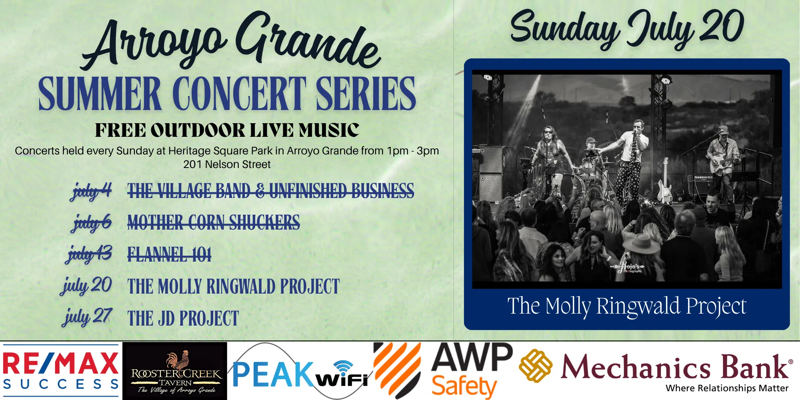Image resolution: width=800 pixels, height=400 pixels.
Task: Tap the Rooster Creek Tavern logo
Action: (x=175, y=371)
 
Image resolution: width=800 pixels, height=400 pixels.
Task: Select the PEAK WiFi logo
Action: (x=300, y=372)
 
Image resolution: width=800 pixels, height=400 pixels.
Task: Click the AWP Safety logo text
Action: (x=472, y=370)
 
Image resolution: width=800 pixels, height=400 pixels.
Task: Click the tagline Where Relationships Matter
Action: (x=727, y=388)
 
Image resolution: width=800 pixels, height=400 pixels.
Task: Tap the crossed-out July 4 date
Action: (x=91, y=191)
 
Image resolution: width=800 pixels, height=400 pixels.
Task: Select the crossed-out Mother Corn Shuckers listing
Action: (x=214, y=222)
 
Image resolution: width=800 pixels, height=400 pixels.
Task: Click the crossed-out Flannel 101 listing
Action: (x=169, y=254)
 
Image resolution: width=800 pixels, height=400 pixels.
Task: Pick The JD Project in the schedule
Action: (x=183, y=318)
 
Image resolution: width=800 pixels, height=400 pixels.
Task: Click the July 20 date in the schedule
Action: (x=86, y=286)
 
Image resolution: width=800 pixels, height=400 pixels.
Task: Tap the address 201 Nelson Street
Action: (x=227, y=164)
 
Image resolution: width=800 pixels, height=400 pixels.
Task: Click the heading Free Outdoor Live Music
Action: (x=227, y=130)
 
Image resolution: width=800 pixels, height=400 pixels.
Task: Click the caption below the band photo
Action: (x=627, y=306)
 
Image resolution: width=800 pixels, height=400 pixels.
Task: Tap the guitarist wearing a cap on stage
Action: (x=723, y=162)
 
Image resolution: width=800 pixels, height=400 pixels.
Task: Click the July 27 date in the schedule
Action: (x=87, y=317)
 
